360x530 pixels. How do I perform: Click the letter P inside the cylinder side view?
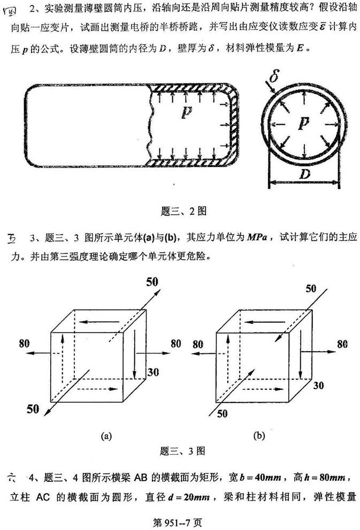click(186, 112)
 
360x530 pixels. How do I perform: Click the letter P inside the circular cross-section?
click(303, 124)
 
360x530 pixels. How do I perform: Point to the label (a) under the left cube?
click(106, 435)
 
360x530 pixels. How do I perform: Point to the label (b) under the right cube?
click(259, 435)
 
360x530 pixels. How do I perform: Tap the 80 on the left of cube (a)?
click(24, 344)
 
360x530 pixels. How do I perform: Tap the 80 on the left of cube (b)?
click(198, 344)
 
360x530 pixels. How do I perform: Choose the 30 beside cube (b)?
click(319, 385)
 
